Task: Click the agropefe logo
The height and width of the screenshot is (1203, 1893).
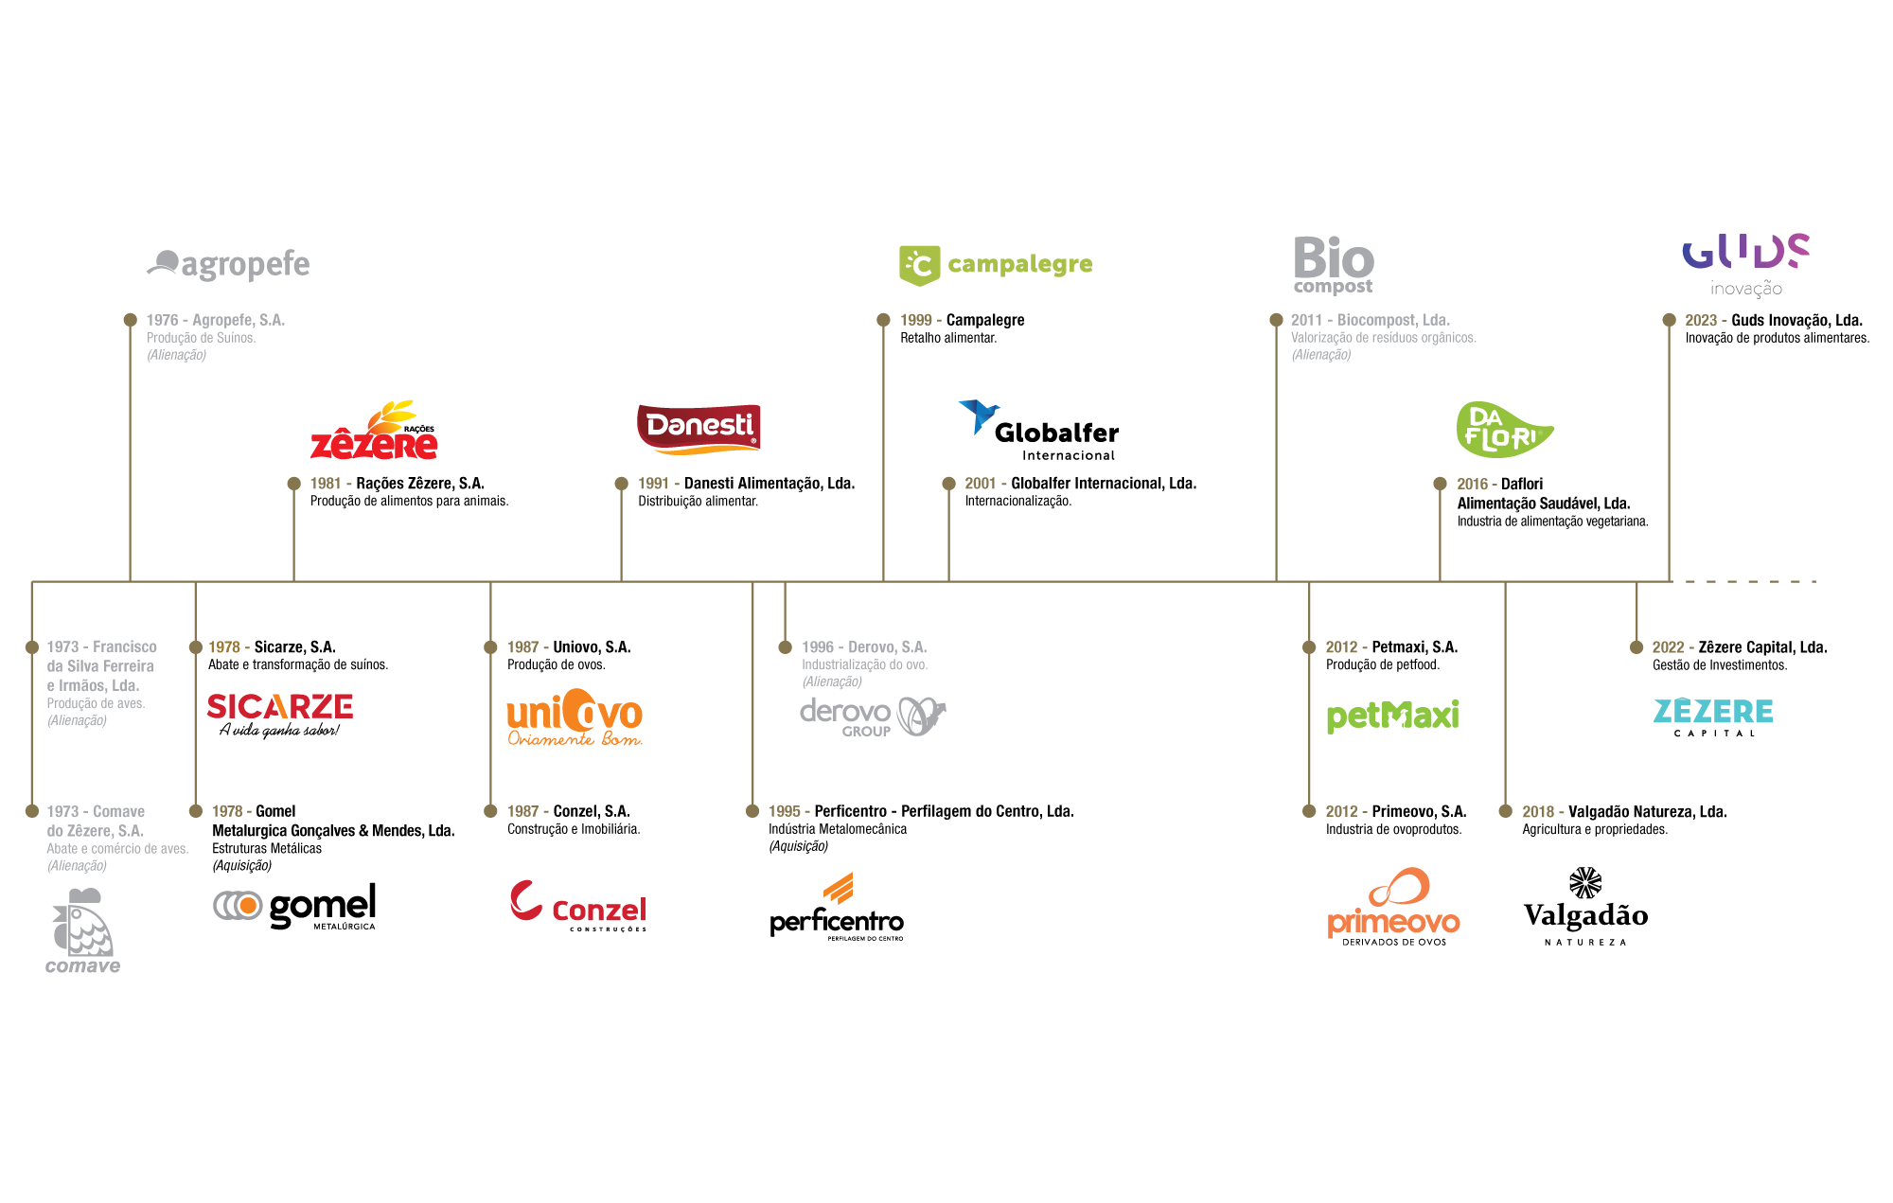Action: pos(229,264)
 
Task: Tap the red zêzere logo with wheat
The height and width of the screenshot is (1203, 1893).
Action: pos(374,433)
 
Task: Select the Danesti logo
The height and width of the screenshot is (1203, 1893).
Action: pos(699,428)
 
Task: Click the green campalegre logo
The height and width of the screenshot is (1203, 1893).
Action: pos(995,265)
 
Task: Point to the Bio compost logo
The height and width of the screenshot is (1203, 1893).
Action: pos(1333,265)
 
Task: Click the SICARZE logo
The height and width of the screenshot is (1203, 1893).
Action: pos(280,706)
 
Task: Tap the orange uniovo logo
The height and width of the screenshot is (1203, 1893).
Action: pos(575,717)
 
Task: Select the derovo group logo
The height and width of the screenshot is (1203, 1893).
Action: pos(872,716)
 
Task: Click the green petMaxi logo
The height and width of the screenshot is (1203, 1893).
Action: pos(1392,716)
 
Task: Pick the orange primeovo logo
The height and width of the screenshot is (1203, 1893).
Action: pos(1393,904)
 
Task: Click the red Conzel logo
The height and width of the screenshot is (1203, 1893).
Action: pos(578,905)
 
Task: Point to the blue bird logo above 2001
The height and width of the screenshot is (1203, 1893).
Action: pos(979,416)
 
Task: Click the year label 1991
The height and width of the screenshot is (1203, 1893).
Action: pos(653,484)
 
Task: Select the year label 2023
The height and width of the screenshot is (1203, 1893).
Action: pos(1701,320)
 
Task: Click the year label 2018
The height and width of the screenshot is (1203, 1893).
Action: pos(1538,811)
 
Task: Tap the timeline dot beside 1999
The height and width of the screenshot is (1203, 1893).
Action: pos(883,320)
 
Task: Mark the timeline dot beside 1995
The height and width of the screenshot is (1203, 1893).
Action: pos(752,811)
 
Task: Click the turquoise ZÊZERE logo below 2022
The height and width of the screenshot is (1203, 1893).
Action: pos(1713,712)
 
